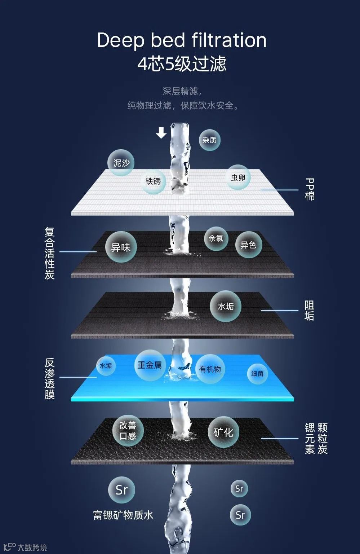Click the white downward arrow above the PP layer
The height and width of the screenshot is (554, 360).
click(161, 133)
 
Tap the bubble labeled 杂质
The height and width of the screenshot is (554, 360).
click(209, 140)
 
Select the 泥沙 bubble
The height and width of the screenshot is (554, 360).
click(121, 163)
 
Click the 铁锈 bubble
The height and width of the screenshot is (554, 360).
click(153, 181)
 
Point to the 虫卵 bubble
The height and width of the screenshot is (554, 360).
click(238, 177)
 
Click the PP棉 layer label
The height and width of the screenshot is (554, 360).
click(310, 189)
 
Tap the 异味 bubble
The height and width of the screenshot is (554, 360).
click(121, 247)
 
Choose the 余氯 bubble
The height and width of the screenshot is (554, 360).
click(216, 238)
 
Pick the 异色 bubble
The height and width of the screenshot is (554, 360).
click(248, 245)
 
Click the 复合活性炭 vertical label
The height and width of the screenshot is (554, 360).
click(49, 253)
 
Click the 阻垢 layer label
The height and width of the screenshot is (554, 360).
click(309, 311)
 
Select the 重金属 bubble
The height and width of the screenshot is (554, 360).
click(150, 365)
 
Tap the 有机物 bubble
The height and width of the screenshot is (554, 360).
click(210, 369)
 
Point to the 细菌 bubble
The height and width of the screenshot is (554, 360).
click(257, 374)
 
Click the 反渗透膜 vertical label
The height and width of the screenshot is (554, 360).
click(49, 378)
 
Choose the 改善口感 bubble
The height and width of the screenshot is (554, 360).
click(128, 431)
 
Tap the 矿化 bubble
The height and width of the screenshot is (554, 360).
click(223, 432)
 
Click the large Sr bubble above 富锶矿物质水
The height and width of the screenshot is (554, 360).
click(121, 489)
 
